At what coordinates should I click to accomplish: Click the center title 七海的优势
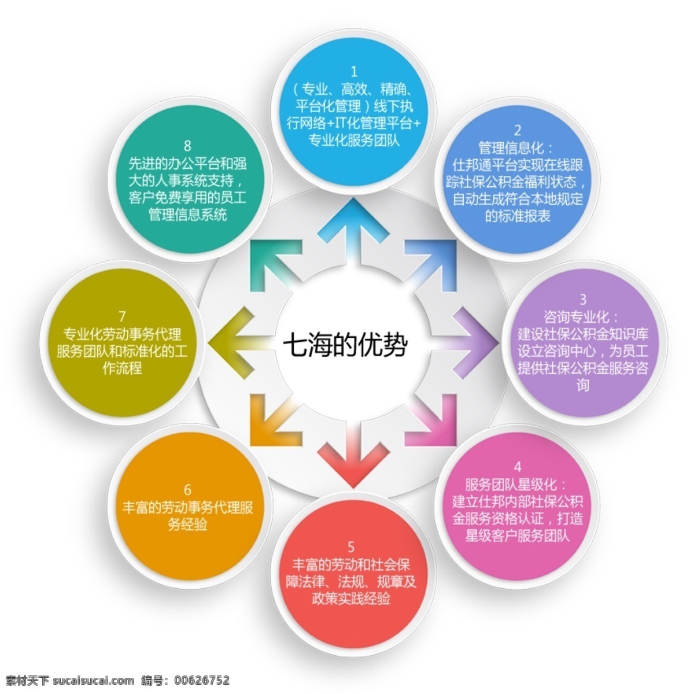(x=345, y=346)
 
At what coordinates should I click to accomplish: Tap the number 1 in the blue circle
(x=355, y=72)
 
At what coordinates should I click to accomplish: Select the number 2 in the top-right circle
(x=518, y=130)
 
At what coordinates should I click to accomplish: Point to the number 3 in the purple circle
(x=583, y=299)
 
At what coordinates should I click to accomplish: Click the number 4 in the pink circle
(x=518, y=467)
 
